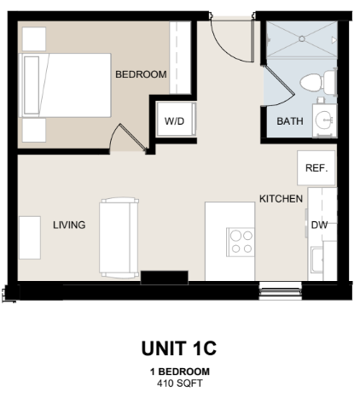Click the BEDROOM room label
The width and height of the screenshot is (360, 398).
(141, 74)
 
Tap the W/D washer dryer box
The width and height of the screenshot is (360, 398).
(176, 120)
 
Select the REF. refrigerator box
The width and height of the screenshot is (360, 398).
(316, 168)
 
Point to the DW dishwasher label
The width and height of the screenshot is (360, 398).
(319, 225)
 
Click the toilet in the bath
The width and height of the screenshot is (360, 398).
(318, 82)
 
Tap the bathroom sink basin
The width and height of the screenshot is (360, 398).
(323, 120)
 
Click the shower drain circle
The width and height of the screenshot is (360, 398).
(302, 38)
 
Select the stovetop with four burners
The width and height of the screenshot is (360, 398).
(241, 242)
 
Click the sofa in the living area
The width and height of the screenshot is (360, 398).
(119, 237)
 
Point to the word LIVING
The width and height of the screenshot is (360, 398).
(69, 225)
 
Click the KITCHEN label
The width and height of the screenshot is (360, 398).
(281, 199)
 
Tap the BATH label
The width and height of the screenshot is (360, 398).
(290, 121)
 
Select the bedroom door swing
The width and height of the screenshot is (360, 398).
(127, 137)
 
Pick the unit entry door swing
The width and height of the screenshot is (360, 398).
(232, 40)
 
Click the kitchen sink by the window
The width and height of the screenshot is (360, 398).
(316, 260)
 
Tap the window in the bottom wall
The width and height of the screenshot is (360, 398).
(281, 290)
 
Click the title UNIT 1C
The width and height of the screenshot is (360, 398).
(179, 348)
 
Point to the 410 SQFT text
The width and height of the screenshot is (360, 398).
(180, 383)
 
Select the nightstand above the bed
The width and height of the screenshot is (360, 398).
(34, 39)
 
